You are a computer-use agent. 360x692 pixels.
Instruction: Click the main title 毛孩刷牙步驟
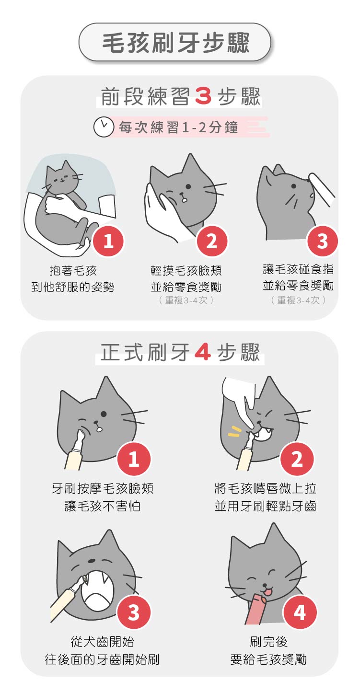point(176,42)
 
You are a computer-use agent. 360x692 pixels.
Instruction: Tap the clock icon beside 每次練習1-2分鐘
point(104,127)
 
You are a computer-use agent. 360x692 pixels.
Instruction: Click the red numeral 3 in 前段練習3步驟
point(203,96)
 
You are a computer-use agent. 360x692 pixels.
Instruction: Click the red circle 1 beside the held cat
point(108,241)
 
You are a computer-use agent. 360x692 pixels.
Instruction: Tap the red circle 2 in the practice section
point(212,241)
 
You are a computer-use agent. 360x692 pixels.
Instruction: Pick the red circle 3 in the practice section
point(322,241)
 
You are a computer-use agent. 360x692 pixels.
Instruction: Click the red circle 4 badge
point(300,612)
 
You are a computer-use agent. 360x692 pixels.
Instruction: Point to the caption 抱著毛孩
point(73,271)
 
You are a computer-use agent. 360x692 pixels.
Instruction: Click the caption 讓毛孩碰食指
point(298,269)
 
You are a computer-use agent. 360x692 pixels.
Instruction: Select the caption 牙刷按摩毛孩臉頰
point(103,488)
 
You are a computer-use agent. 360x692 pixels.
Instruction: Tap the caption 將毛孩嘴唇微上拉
point(266,488)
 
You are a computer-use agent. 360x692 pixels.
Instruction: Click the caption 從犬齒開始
point(102,642)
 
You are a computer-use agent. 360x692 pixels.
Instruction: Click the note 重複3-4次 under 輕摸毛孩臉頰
point(186,300)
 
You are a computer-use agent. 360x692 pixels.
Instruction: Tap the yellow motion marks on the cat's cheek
point(234,431)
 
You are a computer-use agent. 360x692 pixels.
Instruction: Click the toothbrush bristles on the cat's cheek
point(82,431)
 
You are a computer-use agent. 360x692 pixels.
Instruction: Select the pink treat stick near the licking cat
point(255,610)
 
